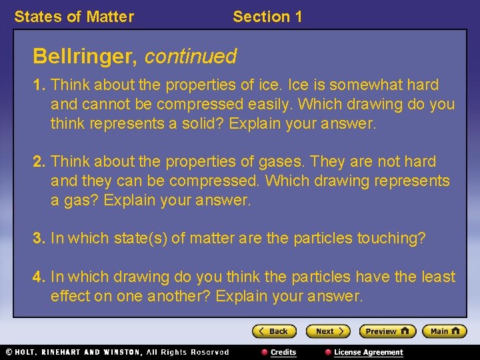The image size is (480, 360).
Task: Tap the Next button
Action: tap(327, 331)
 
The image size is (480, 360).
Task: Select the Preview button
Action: tap(387, 331)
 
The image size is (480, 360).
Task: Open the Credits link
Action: tap(283, 352)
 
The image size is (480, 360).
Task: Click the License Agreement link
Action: tap(368, 352)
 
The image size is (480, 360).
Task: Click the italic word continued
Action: tap(190, 57)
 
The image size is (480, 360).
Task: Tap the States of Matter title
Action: tap(74, 17)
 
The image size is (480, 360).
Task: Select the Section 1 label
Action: tap(267, 17)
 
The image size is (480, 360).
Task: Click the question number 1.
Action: tap(39, 85)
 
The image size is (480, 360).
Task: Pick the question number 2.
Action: tap(39, 162)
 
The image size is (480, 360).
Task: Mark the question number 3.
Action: tap(39, 239)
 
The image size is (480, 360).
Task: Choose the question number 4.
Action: tap(39, 277)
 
